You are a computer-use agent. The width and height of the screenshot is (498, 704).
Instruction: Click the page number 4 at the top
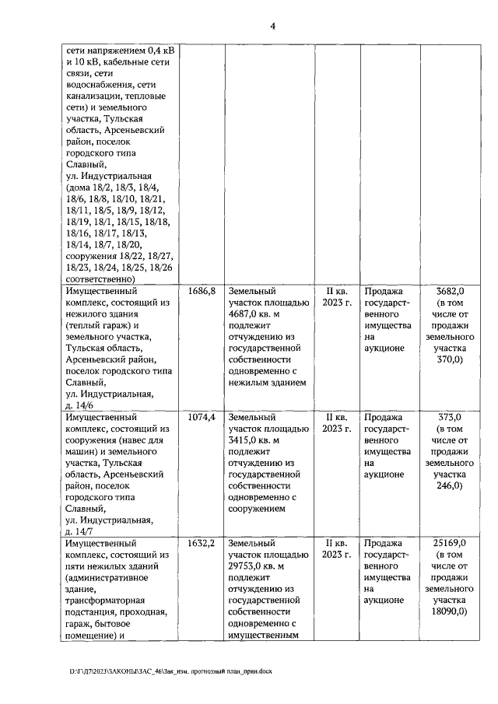[x=272, y=25]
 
